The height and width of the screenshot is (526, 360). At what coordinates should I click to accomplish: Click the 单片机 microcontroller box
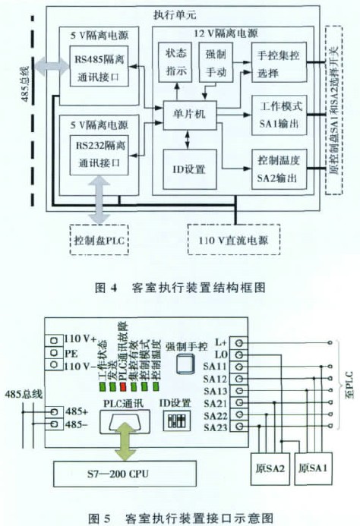click(x=190, y=115)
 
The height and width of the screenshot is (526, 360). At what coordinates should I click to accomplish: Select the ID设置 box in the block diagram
click(x=190, y=169)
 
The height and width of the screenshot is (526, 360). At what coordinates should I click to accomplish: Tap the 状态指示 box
click(x=175, y=62)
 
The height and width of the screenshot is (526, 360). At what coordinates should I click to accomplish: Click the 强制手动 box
click(x=216, y=62)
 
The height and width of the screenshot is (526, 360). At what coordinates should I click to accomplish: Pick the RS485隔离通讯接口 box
click(x=99, y=68)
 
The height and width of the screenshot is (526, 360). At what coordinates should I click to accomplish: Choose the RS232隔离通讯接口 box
click(x=99, y=155)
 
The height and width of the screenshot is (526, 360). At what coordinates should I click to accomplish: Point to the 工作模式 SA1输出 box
click(x=279, y=115)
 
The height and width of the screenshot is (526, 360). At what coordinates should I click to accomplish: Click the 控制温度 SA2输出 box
click(x=279, y=169)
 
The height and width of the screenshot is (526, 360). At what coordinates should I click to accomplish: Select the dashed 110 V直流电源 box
click(x=234, y=240)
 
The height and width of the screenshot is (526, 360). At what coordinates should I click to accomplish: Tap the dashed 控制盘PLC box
click(x=99, y=240)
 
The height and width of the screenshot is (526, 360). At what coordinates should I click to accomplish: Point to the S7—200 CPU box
click(x=125, y=474)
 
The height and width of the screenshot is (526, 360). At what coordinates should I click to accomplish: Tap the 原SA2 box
click(x=270, y=468)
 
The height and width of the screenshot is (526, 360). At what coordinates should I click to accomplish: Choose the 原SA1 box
click(x=314, y=468)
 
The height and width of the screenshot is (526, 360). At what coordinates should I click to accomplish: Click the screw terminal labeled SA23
click(x=239, y=427)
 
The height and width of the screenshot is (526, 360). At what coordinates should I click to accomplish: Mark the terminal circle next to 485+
click(x=54, y=411)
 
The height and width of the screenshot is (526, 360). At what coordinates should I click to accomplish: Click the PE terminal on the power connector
click(x=54, y=352)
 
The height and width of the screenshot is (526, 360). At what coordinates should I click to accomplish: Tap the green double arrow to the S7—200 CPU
click(x=125, y=441)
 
